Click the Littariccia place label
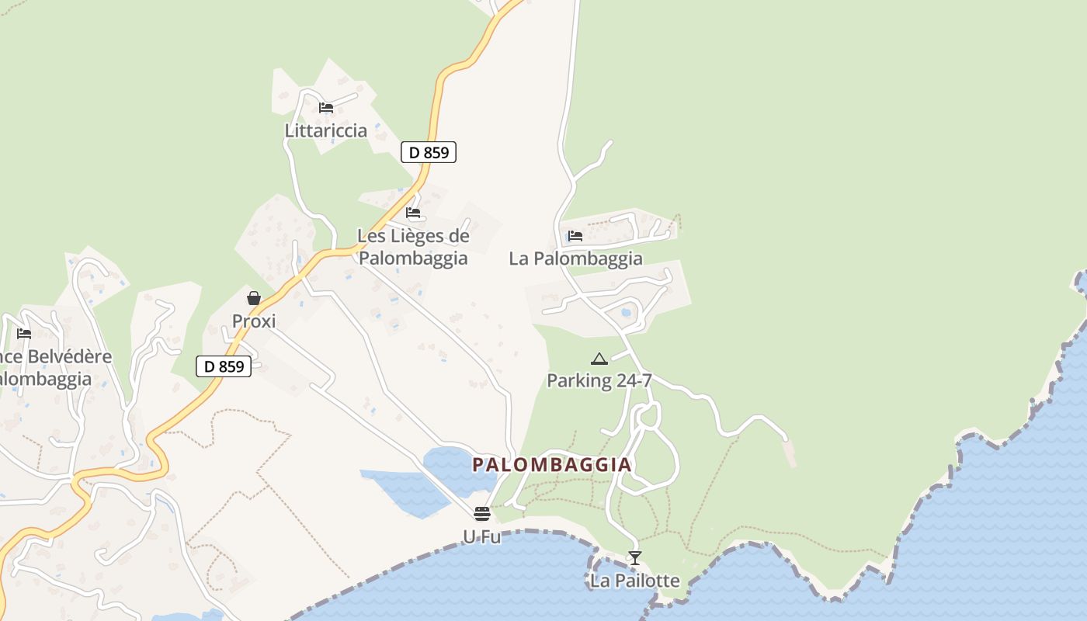pos(326,130)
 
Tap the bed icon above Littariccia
pos(326,108)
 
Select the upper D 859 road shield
pos(429,152)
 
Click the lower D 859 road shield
pos(224,366)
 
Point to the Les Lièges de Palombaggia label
pos(413,247)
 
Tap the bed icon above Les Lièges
pos(413,213)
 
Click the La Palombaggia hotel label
pos(575,258)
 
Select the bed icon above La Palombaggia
pos(575,236)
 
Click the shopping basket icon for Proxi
pos(254,298)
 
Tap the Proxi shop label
pos(254,321)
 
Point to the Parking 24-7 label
pos(599,380)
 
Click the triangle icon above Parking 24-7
pos(599,359)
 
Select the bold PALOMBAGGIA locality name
pos(552,465)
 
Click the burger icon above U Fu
pos(482,514)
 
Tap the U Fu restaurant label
pos(481,536)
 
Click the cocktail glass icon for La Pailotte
pos(635,558)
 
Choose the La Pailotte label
pos(635,581)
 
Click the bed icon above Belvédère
pos(24,334)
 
